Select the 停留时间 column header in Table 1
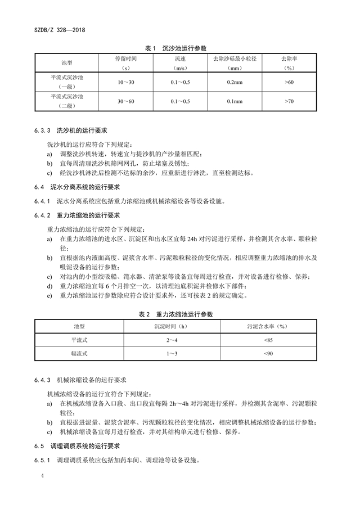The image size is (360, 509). [x=122, y=62]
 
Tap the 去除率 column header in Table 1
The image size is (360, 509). [x=289, y=62]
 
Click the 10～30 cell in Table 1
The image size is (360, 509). [x=122, y=83]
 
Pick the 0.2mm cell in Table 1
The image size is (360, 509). [x=235, y=83]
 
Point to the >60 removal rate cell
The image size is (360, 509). [x=289, y=83]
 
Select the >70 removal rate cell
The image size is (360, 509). [x=289, y=102]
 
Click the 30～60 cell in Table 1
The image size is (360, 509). [x=122, y=102]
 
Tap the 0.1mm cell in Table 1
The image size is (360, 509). [x=235, y=102]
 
